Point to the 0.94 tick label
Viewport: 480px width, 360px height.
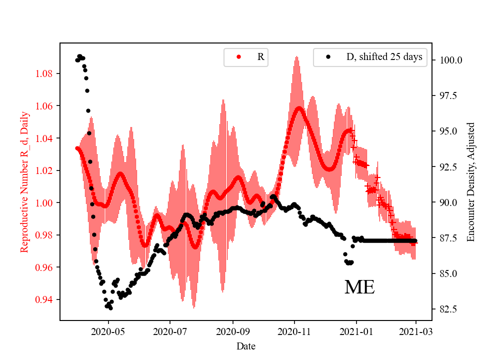46,299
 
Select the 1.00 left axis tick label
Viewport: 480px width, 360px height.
46,202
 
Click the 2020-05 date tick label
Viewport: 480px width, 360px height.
108,331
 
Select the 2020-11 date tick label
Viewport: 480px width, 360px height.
294,331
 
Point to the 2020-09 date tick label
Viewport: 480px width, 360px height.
233,331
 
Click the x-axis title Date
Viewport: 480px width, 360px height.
246,345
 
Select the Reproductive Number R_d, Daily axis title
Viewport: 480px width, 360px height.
24,181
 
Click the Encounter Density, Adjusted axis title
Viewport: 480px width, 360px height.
470,181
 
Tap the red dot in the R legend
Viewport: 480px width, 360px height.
238,57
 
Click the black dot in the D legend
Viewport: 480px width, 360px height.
328,57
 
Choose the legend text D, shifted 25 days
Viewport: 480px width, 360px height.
384,57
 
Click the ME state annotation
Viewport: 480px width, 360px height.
359,287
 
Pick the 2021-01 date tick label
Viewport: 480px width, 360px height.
356,331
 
